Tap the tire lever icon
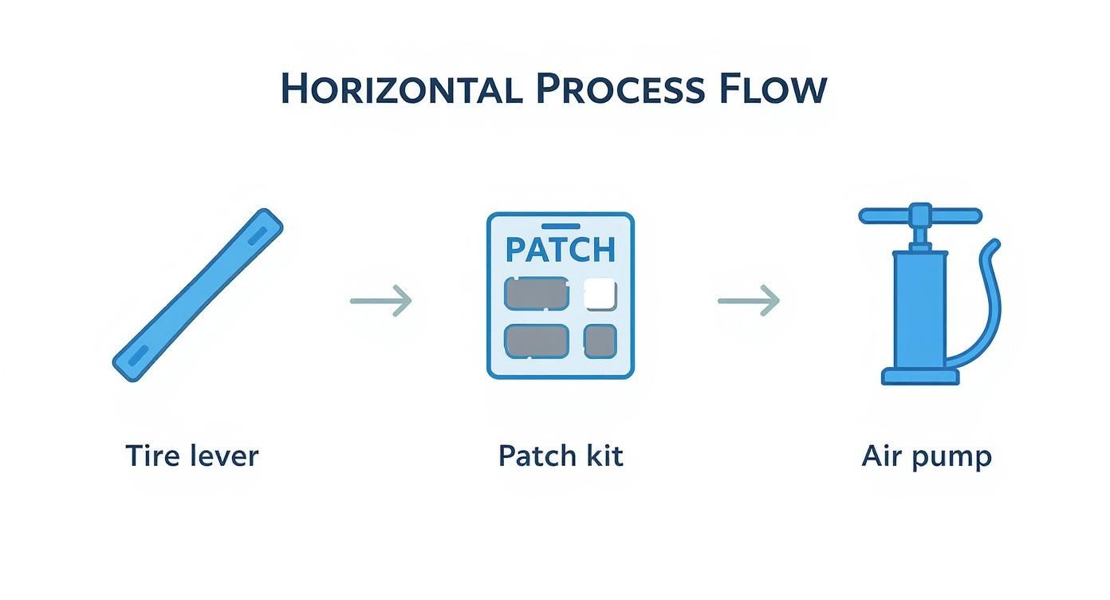click(x=198, y=294)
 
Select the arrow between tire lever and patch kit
click(x=381, y=301)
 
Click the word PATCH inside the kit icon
click(x=561, y=250)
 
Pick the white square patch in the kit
click(x=600, y=294)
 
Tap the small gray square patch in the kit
click(x=600, y=341)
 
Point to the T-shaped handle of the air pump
click(x=919, y=215)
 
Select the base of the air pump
click(x=919, y=376)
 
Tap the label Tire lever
click(x=192, y=456)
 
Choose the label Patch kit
click(x=561, y=456)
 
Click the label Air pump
click(x=927, y=457)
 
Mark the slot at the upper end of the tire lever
click(x=258, y=235)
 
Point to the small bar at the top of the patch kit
click(x=561, y=226)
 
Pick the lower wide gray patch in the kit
click(x=537, y=341)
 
